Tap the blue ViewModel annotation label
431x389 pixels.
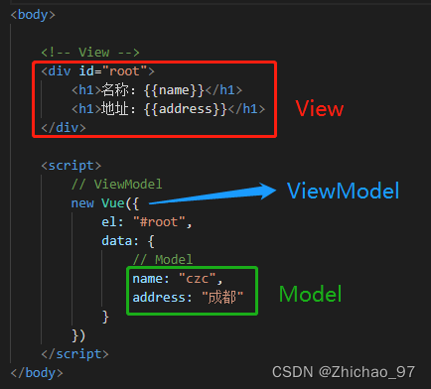[343, 191]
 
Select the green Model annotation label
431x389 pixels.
[309, 294]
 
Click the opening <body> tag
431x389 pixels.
[32, 15]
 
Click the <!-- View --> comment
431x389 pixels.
[90, 52]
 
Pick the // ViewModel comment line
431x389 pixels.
[115, 184]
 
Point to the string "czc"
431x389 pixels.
[204, 278]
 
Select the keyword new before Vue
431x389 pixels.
[83, 202]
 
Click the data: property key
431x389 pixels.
[123, 240]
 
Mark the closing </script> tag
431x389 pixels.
[75, 353]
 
